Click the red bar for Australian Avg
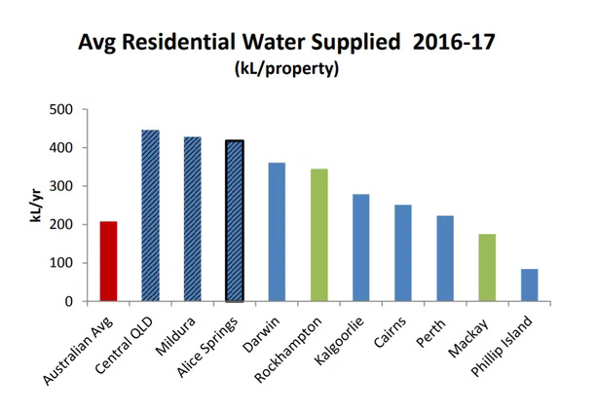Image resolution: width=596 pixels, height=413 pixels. click(108, 261)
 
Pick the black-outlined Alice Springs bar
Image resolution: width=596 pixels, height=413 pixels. click(234, 221)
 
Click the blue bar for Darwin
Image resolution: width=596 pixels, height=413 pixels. click(277, 232)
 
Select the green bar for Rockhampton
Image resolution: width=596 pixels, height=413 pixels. click(318, 235)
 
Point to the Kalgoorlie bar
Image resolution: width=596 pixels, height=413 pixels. click(360, 247)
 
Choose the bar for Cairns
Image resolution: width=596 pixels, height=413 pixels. click(402, 253)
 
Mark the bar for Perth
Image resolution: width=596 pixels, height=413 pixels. click(444, 258)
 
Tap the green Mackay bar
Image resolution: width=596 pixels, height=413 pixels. click(487, 268)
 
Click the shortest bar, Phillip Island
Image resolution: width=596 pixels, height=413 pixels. click(529, 285)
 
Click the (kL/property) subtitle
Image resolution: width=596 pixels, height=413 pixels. click(294, 72)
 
